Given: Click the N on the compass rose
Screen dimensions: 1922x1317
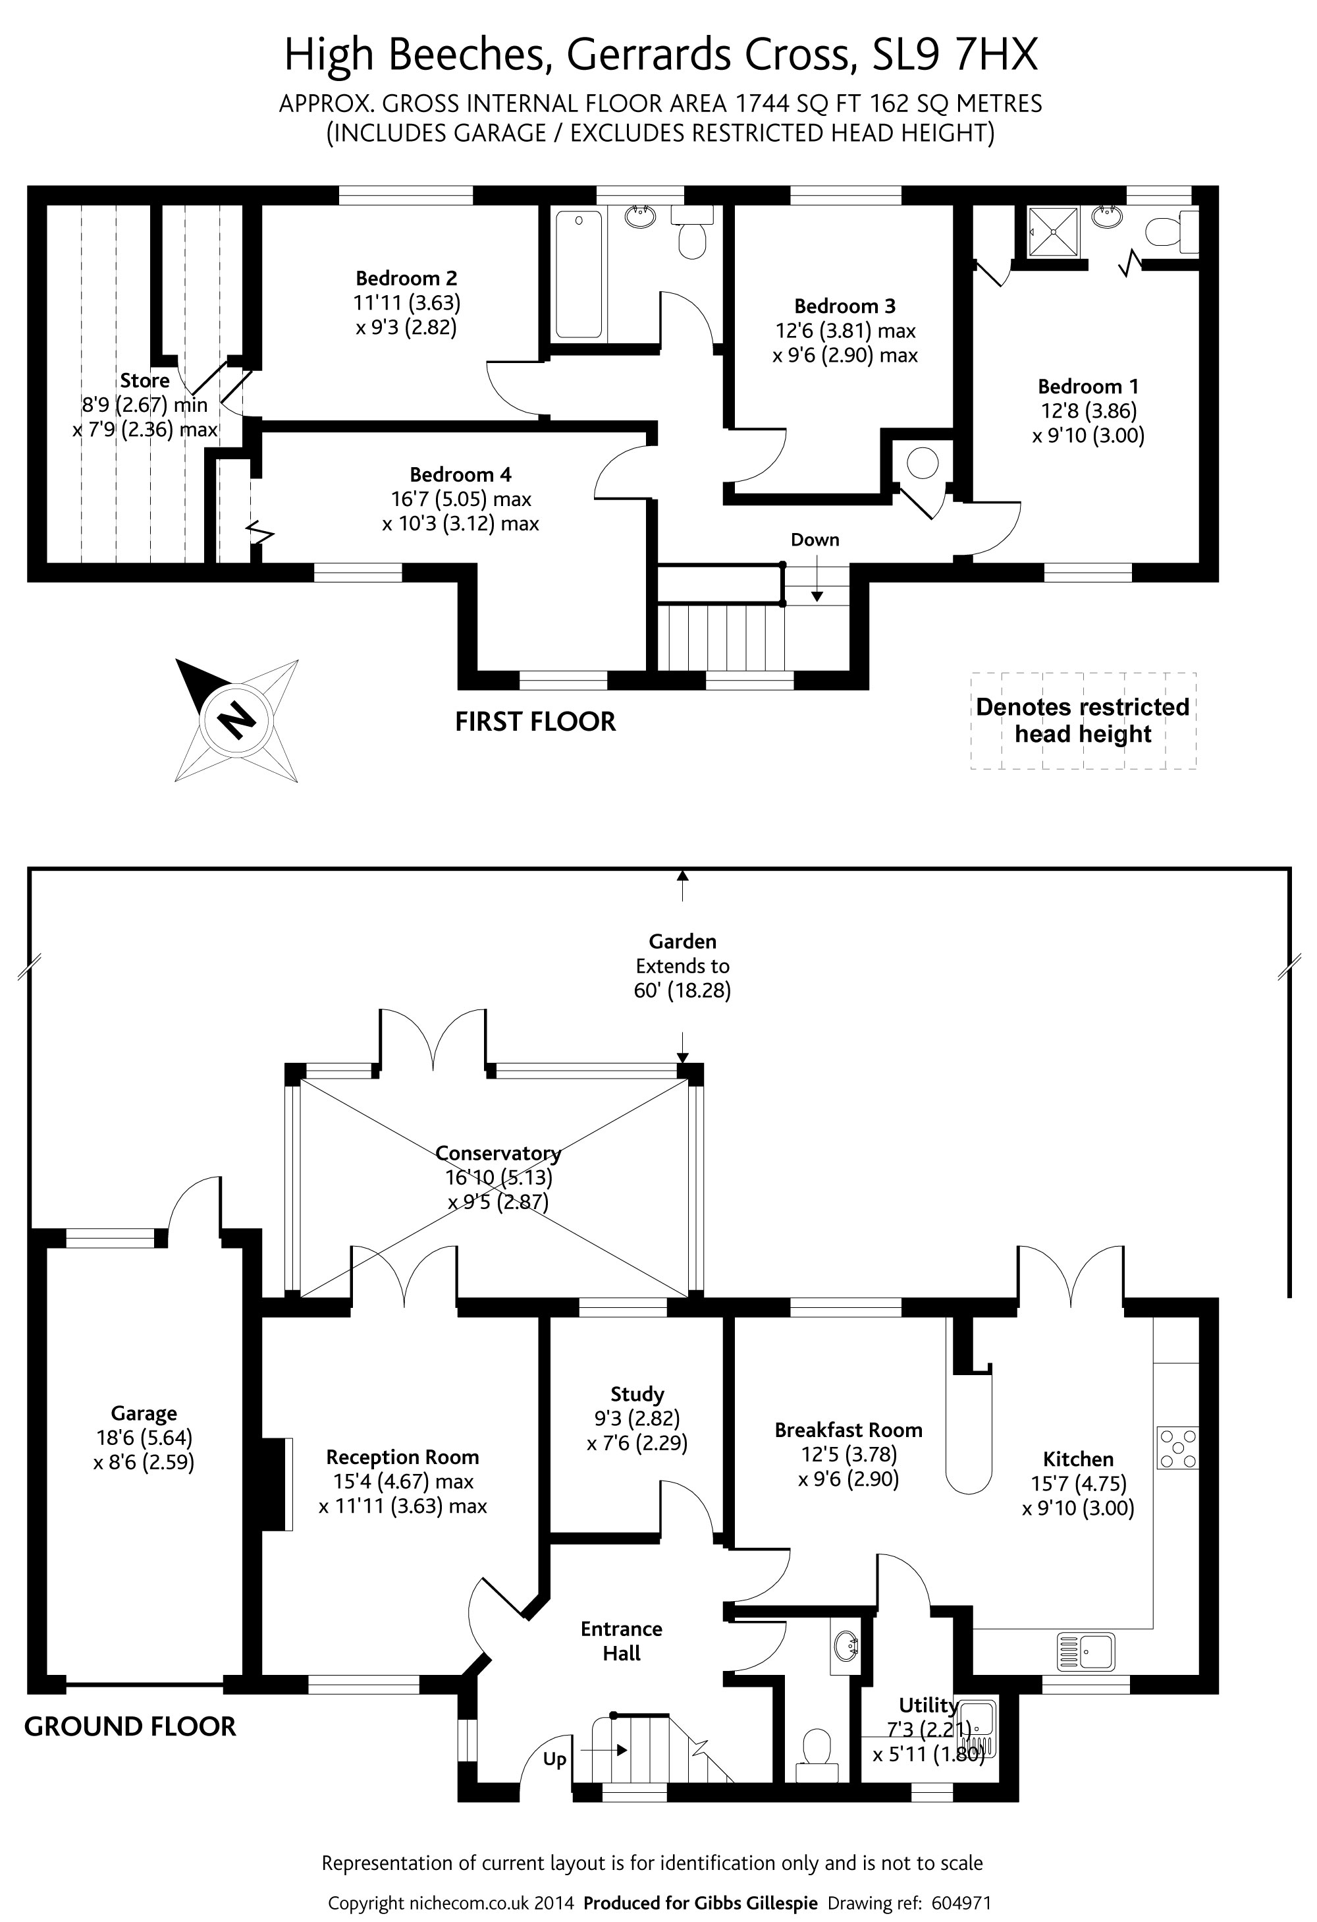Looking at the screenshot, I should [x=237, y=719].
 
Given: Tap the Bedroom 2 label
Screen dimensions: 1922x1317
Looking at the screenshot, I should [x=406, y=278].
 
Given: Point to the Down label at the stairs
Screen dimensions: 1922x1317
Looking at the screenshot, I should [x=815, y=540].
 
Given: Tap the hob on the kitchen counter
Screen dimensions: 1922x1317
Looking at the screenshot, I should [x=1177, y=1448].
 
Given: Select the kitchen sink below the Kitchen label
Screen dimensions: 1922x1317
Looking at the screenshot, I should [x=1085, y=1651].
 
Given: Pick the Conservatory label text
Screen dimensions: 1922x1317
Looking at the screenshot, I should [x=498, y=1153].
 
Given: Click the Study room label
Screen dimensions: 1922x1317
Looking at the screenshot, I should [x=637, y=1394].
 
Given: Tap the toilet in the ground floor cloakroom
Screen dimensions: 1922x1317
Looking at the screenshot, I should [x=817, y=1747].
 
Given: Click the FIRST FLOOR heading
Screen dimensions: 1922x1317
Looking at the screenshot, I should [x=535, y=722].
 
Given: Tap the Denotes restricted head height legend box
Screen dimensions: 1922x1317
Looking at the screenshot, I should [x=1082, y=720].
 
